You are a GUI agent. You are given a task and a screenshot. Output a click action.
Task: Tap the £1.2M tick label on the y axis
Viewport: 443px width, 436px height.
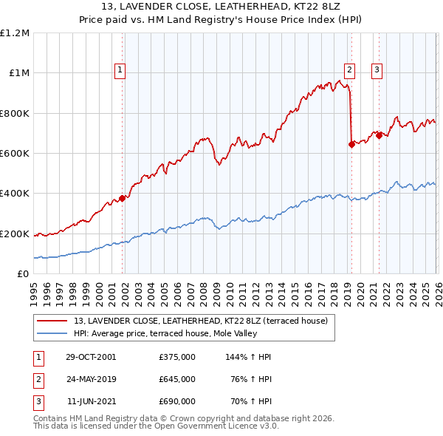(x=15, y=33)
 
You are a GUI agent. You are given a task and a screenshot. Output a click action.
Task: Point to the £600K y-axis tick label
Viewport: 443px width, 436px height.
(x=15, y=154)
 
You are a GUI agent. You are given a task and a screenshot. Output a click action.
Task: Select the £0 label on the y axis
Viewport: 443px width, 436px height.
(x=23, y=274)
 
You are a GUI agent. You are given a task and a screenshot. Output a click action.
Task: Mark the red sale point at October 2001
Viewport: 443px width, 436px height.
(x=123, y=198)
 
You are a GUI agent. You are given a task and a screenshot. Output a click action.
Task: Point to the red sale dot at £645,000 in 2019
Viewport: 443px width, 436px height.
(x=351, y=145)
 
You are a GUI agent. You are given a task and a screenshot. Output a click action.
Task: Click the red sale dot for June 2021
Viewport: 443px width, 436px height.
(x=379, y=135)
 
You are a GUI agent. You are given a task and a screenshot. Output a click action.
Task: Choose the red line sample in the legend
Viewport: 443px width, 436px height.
(x=53, y=321)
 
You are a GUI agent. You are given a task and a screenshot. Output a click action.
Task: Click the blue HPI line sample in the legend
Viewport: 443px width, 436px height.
(x=53, y=333)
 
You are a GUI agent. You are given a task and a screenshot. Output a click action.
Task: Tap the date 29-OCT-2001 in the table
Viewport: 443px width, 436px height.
(x=92, y=357)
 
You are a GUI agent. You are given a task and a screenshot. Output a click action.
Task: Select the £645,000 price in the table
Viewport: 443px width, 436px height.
(x=177, y=379)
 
